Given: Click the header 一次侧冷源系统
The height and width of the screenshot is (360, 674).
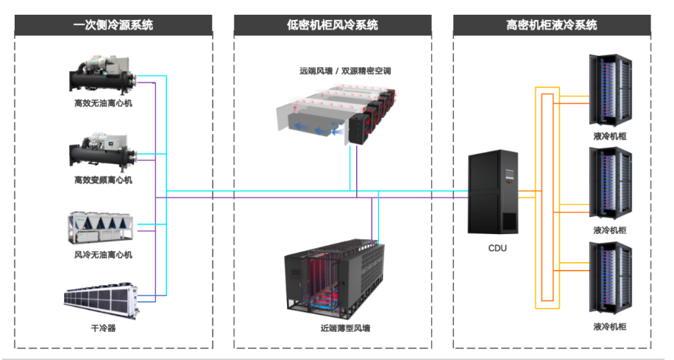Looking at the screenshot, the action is point(113,25).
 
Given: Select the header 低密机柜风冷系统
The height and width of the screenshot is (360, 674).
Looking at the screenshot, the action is point(333,25).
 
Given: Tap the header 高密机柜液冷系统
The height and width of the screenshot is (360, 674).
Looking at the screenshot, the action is point(552,25).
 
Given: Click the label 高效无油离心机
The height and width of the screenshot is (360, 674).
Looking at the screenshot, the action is point(103,103).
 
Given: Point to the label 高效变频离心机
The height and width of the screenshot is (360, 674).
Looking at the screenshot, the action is point(103,180).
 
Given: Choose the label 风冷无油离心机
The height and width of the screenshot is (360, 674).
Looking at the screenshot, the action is point(103,255).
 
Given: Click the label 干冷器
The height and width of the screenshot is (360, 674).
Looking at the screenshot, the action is point(103,328).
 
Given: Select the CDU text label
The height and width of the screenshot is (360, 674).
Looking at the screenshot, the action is point(497,248).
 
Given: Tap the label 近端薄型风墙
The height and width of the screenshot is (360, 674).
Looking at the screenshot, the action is point(345,328).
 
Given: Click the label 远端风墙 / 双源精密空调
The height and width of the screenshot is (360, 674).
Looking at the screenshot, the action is point(345,71).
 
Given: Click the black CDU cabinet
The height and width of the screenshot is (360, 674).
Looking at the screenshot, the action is point(493,192).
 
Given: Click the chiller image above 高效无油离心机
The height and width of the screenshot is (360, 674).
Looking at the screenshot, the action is point(103,75).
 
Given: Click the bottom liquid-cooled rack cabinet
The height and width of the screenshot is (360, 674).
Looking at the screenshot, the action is point(611,278).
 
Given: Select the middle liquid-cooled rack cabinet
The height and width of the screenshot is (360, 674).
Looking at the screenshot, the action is point(611,183).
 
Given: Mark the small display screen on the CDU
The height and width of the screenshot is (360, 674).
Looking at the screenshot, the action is point(509,174).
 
